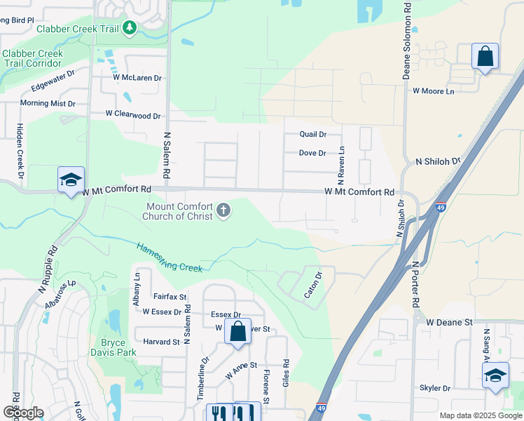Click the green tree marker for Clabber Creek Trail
(129, 28)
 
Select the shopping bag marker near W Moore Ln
(485, 57)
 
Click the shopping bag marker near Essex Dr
(237, 331)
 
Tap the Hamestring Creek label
(170, 257)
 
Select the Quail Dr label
(312, 134)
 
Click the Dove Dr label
(312, 153)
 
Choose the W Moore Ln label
(433, 91)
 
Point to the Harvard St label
(162, 342)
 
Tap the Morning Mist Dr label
(48, 103)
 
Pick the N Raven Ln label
(343, 161)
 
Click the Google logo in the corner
(23, 413)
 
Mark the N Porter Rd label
(416, 284)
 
